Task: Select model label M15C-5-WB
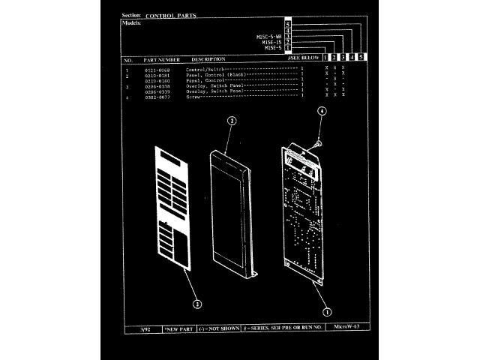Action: point(268,37)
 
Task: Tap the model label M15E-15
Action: point(271,42)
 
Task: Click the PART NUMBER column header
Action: point(161,59)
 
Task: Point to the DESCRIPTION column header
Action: point(208,59)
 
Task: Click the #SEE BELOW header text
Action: point(304,58)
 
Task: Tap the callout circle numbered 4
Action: point(322,110)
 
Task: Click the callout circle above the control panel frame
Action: point(232,120)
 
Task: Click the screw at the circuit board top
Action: point(319,140)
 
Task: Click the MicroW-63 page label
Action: point(345,327)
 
